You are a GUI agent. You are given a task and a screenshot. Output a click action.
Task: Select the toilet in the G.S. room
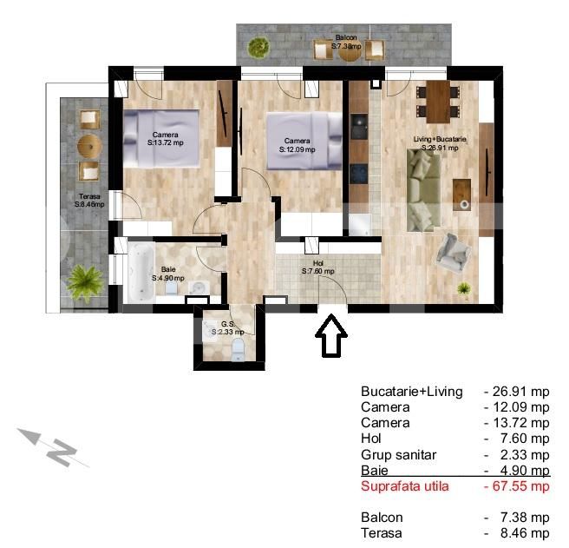click(239, 348)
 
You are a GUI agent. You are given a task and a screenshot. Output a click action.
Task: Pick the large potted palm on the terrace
click(85, 281)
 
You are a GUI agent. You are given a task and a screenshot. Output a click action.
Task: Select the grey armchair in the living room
click(455, 251)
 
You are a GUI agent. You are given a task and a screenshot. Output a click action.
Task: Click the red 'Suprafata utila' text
click(405, 486)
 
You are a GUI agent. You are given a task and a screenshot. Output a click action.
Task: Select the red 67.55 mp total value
click(517, 486)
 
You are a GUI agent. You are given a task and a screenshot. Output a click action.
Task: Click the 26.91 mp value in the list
click(517, 392)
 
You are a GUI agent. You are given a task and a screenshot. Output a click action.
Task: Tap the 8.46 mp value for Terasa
click(520, 533)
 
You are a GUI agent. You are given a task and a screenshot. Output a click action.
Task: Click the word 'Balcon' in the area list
click(382, 518)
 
